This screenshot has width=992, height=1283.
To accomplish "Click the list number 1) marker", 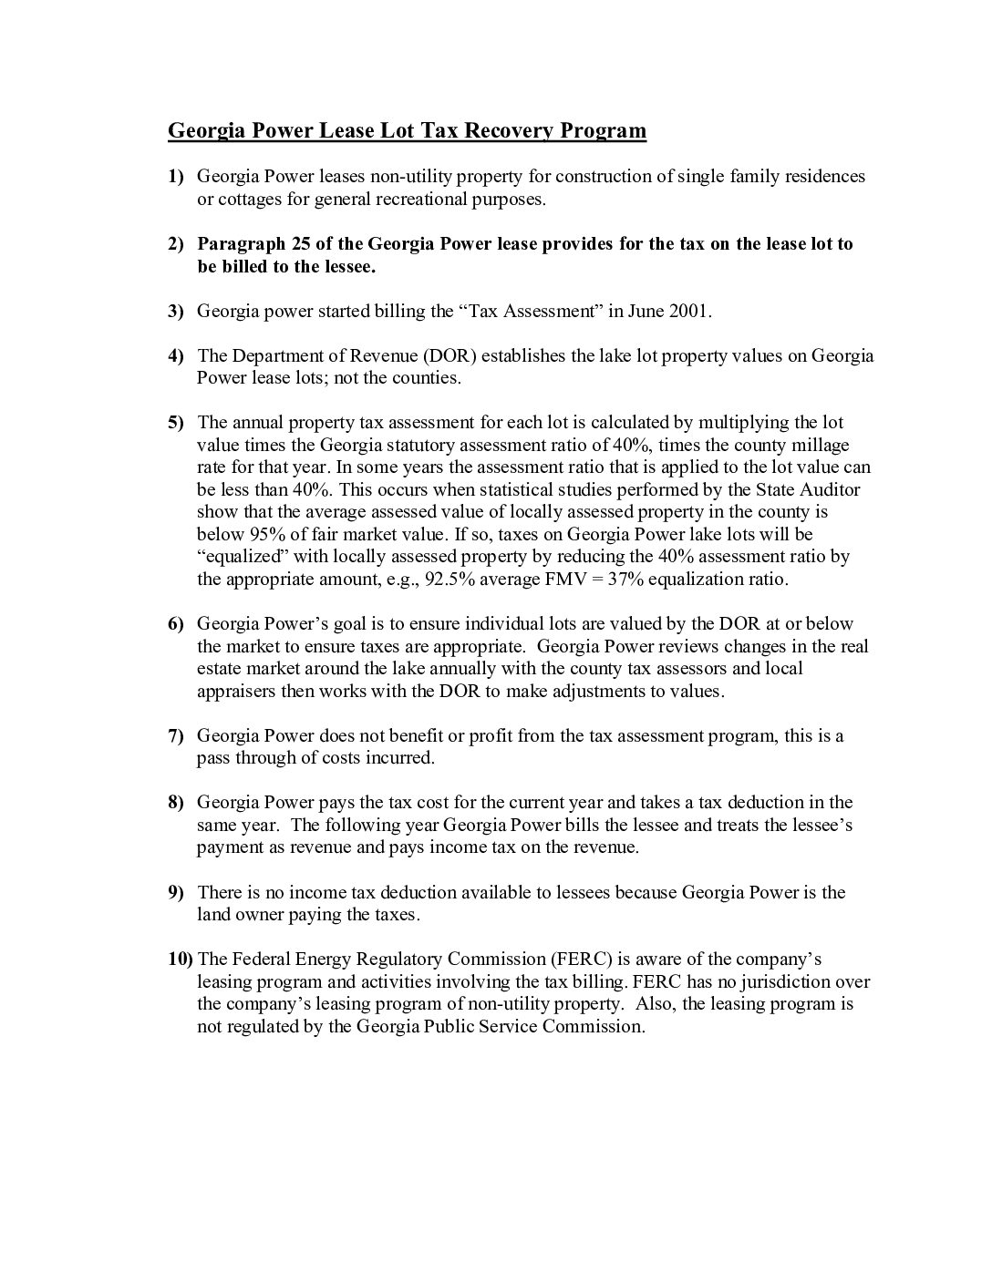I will point(175,176).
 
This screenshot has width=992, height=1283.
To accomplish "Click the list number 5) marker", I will point(175,422).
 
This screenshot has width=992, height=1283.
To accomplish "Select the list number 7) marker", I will point(175,735).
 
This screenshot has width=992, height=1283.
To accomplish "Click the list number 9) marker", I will point(175,892).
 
